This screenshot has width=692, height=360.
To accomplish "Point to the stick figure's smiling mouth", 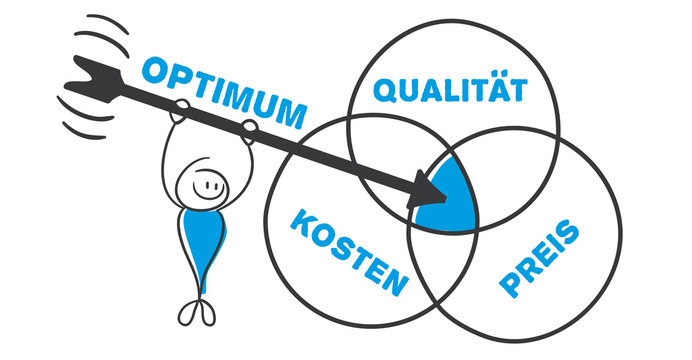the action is [209, 185].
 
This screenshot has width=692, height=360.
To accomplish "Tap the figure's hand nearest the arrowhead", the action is [247, 127].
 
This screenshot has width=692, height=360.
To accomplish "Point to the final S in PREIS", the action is [567, 234].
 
